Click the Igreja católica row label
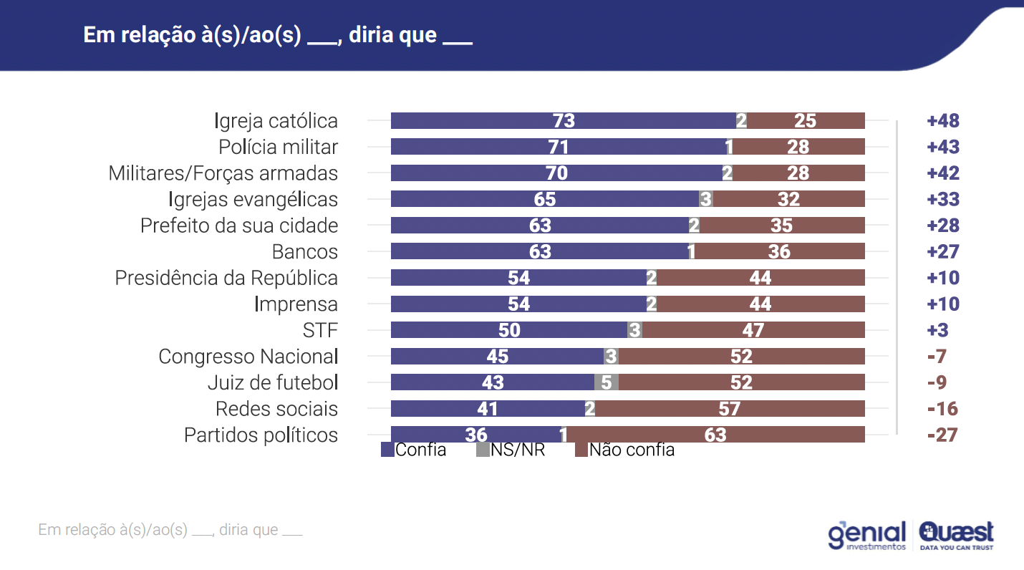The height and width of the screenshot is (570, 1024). (276, 120)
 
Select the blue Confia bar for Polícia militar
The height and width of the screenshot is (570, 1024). (558, 147)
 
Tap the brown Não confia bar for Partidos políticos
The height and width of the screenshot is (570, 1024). (715, 435)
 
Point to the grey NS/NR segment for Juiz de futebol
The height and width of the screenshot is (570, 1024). (606, 382)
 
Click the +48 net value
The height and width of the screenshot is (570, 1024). (942, 120)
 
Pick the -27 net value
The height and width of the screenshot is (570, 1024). (942, 435)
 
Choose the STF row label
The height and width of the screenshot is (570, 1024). (320, 330)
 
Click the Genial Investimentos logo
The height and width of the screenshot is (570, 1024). (866, 536)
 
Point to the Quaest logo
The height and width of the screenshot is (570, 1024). (957, 535)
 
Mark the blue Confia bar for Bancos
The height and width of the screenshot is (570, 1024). (540, 251)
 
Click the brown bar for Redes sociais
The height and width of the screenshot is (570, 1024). (730, 409)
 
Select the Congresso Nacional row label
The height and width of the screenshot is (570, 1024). (248, 357)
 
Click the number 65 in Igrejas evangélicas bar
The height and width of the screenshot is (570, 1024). (545, 199)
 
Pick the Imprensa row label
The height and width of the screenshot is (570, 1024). (296, 304)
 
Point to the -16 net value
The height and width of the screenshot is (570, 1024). (942, 409)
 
